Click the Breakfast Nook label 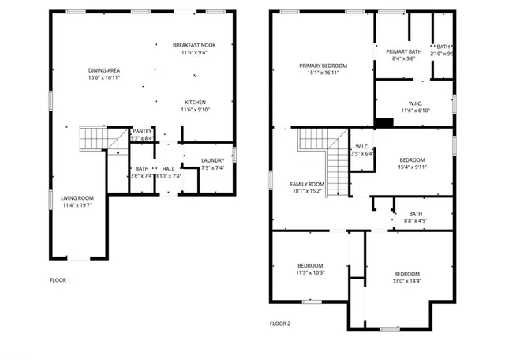pos(194,46)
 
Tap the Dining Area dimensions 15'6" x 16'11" pos(104,78)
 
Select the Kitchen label pos(195,103)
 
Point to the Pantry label pos(142,131)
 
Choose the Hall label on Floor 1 pos(169,169)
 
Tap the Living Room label pos(78,197)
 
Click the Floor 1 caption pos(60,280)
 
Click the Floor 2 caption pos(280,324)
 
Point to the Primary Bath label pos(403,52)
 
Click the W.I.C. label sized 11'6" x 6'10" pos(415,104)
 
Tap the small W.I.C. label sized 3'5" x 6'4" pos(362,146)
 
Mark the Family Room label pos(307,183)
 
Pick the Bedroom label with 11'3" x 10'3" pos(310,265)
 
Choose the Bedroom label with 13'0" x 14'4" pos(407,274)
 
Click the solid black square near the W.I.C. pos(384,122)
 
